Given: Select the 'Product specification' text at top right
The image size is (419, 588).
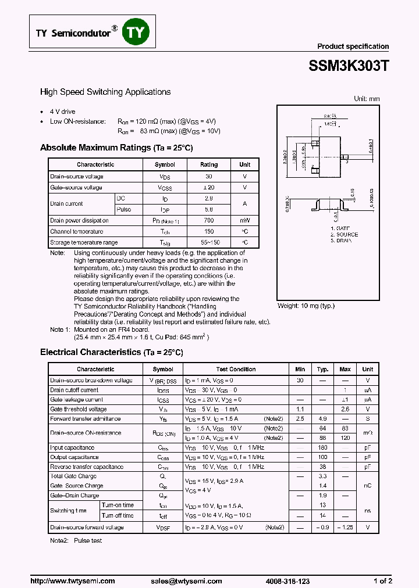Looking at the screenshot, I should [353, 46].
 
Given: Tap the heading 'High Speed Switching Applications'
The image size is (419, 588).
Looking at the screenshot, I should [105, 92].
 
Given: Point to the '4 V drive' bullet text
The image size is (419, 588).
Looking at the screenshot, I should [62, 112].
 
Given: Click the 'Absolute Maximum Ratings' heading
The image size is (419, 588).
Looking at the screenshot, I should [95, 148].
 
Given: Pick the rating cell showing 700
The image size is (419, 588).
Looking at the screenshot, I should [209, 221].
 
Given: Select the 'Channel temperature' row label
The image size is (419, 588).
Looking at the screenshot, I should [77, 232].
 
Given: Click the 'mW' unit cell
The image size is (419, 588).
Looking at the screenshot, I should [245, 221].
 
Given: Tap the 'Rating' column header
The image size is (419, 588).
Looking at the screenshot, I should [209, 165].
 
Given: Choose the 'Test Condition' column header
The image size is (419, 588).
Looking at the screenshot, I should [236, 370].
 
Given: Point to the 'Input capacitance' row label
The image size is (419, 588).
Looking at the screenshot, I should [73, 448].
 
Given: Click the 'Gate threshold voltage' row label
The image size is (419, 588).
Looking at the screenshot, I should [77, 409].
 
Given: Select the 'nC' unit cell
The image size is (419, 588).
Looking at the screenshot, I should [368, 486].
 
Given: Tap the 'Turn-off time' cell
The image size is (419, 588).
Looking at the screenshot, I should [118, 515].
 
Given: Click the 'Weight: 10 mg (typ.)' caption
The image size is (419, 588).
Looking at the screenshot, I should [306, 306].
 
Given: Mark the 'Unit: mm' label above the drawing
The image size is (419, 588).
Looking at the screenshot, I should [367, 99].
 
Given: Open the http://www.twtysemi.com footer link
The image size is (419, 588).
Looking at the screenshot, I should [73, 581].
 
